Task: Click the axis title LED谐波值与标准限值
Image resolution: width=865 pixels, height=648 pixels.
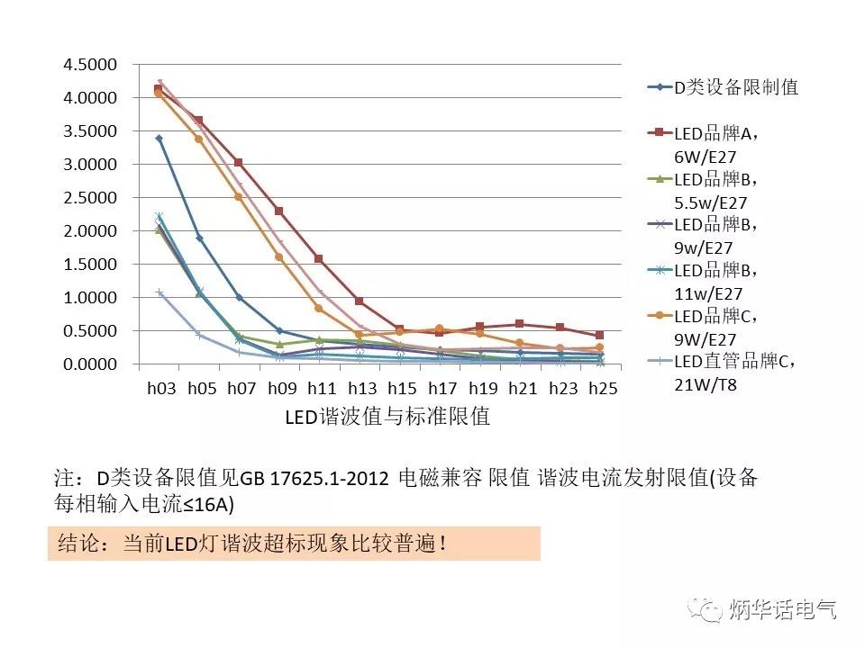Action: (x=387, y=417)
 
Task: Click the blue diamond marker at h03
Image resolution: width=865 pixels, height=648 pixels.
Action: (x=159, y=139)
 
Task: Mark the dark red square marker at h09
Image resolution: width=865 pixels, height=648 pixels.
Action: (x=279, y=211)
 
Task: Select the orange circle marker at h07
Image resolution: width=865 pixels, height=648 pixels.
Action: (x=239, y=196)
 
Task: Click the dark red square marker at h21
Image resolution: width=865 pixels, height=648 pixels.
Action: (x=519, y=324)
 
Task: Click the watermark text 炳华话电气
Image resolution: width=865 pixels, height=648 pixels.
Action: (x=781, y=609)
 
